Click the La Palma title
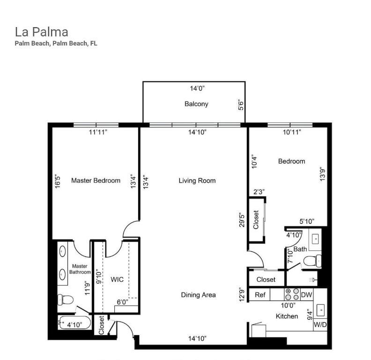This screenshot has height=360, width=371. click(x=41, y=32)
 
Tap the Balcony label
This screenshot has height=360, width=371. click(x=196, y=104)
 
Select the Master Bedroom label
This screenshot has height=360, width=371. click(x=96, y=180)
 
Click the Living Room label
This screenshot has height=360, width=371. click(x=197, y=180)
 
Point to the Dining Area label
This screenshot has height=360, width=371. click(x=198, y=295)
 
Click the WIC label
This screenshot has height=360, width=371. click(x=117, y=279)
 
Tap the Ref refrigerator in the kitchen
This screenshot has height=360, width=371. click(x=260, y=295)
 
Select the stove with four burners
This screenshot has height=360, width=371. click(x=292, y=294)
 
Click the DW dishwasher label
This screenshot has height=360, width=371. click(x=306, y=295)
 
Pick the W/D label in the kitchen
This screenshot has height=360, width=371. click(x=320, y=324)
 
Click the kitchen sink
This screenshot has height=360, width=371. click(x=321, y=310)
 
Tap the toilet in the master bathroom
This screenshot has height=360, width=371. click(x=64, y=299)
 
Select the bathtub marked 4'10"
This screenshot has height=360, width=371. click(x=73, y=323)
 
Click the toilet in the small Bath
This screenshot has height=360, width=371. click(x=313, y=260)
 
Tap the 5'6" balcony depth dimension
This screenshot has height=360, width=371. click(x=241, y=104)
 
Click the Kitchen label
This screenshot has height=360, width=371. click(x=287, y=316)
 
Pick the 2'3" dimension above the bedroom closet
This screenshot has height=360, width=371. click(x=259, y=192)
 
